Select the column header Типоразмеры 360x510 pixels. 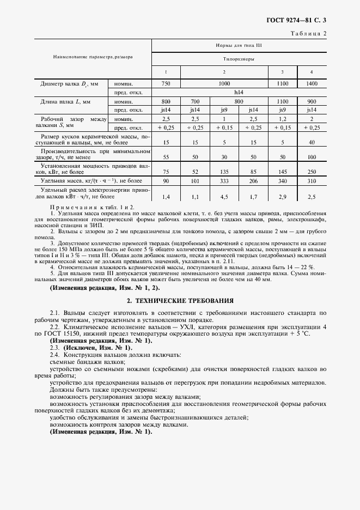pyautogui.click(x=239, y=59)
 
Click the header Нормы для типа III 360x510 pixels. pyautogui.click(x=239, y=46)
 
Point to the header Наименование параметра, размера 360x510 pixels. pyautogui.click(x=93, y=57)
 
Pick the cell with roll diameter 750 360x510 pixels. pyautogui.click(x=166, y=84)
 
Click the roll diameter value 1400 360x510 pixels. pyautogui.click(x=312, y=84)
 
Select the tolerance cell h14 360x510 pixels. pyautogui.click(x=239, y=93)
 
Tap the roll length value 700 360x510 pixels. pyautogui.click(x=196, y=101)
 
